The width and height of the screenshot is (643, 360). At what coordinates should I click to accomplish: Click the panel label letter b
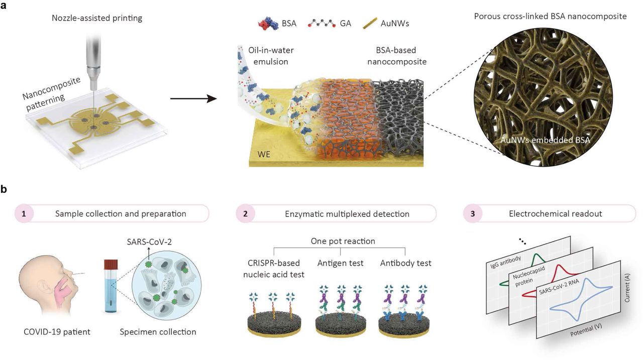point(4,190)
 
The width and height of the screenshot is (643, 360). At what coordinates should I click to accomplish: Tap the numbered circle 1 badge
point(24,213)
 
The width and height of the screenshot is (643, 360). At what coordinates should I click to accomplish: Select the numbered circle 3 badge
point(473,213)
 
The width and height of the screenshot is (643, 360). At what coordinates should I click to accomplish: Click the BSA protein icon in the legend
point(268,24)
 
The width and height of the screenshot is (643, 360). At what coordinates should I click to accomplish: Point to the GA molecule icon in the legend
point(322,24)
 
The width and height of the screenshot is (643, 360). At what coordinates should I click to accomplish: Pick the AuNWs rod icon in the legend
point(370,24)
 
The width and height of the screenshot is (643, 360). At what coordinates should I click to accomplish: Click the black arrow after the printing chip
point(193,99)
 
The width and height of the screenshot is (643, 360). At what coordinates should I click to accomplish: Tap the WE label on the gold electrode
point(264,154)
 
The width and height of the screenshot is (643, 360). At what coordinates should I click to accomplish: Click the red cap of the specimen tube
point(111,264)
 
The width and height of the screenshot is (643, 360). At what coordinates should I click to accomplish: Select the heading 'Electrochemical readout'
point(556,214)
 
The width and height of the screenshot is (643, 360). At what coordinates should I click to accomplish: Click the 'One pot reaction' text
point(343,241)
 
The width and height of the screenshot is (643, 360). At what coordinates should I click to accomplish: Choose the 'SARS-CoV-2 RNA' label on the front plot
point(559,287)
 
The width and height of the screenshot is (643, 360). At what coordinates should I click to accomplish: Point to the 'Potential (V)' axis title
point(586,330)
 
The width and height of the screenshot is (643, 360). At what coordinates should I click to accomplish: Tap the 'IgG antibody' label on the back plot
point(505,262)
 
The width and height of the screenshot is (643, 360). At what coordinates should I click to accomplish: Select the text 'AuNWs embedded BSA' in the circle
point(545,140)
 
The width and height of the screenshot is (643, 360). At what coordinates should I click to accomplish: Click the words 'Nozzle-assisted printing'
point(97,18)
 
